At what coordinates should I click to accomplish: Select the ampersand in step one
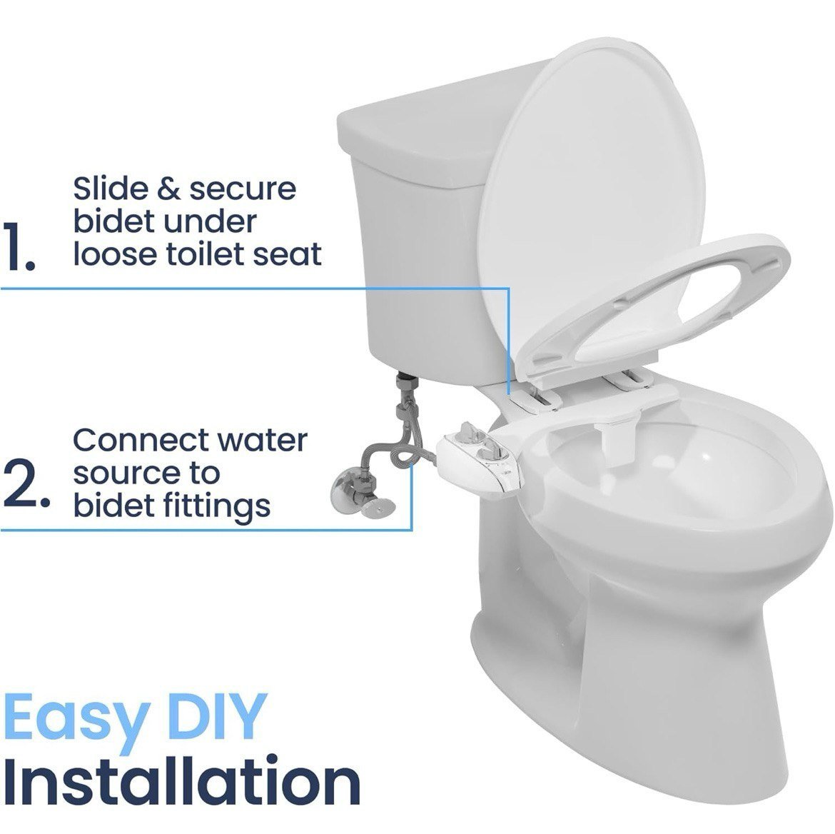pos(169,189)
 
